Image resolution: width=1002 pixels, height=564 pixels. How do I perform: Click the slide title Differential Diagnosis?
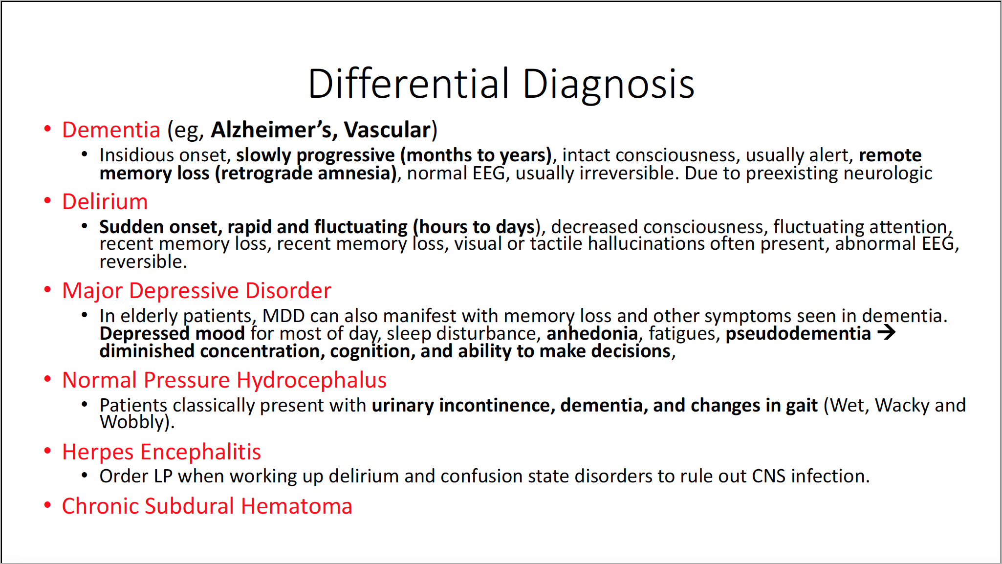(501, 84)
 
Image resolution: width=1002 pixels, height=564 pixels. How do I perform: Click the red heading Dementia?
(111, 130)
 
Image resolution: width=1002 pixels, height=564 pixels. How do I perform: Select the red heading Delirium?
(105, 201)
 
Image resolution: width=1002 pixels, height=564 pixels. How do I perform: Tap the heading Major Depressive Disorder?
(196, 291)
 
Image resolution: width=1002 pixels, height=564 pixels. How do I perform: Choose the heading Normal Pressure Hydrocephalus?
(224, 380)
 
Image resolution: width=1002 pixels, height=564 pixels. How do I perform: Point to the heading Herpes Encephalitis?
(161, 452)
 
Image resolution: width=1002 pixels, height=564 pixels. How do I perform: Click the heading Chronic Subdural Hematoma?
(207, 506)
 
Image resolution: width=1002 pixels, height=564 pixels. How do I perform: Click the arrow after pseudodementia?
(886, 333)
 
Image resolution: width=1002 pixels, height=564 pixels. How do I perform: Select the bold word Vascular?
(387, 130)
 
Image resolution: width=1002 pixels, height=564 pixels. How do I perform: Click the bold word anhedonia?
(592, 333)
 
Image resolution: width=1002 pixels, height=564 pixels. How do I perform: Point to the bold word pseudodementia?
(798, 334)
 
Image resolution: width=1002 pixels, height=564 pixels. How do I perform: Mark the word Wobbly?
(132, 422)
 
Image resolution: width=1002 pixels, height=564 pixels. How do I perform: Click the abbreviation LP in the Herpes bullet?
(163, 477)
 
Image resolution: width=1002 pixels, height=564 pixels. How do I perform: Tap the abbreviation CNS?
(769, 477)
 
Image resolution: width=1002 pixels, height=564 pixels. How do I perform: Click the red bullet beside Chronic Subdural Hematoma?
(47, 505)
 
